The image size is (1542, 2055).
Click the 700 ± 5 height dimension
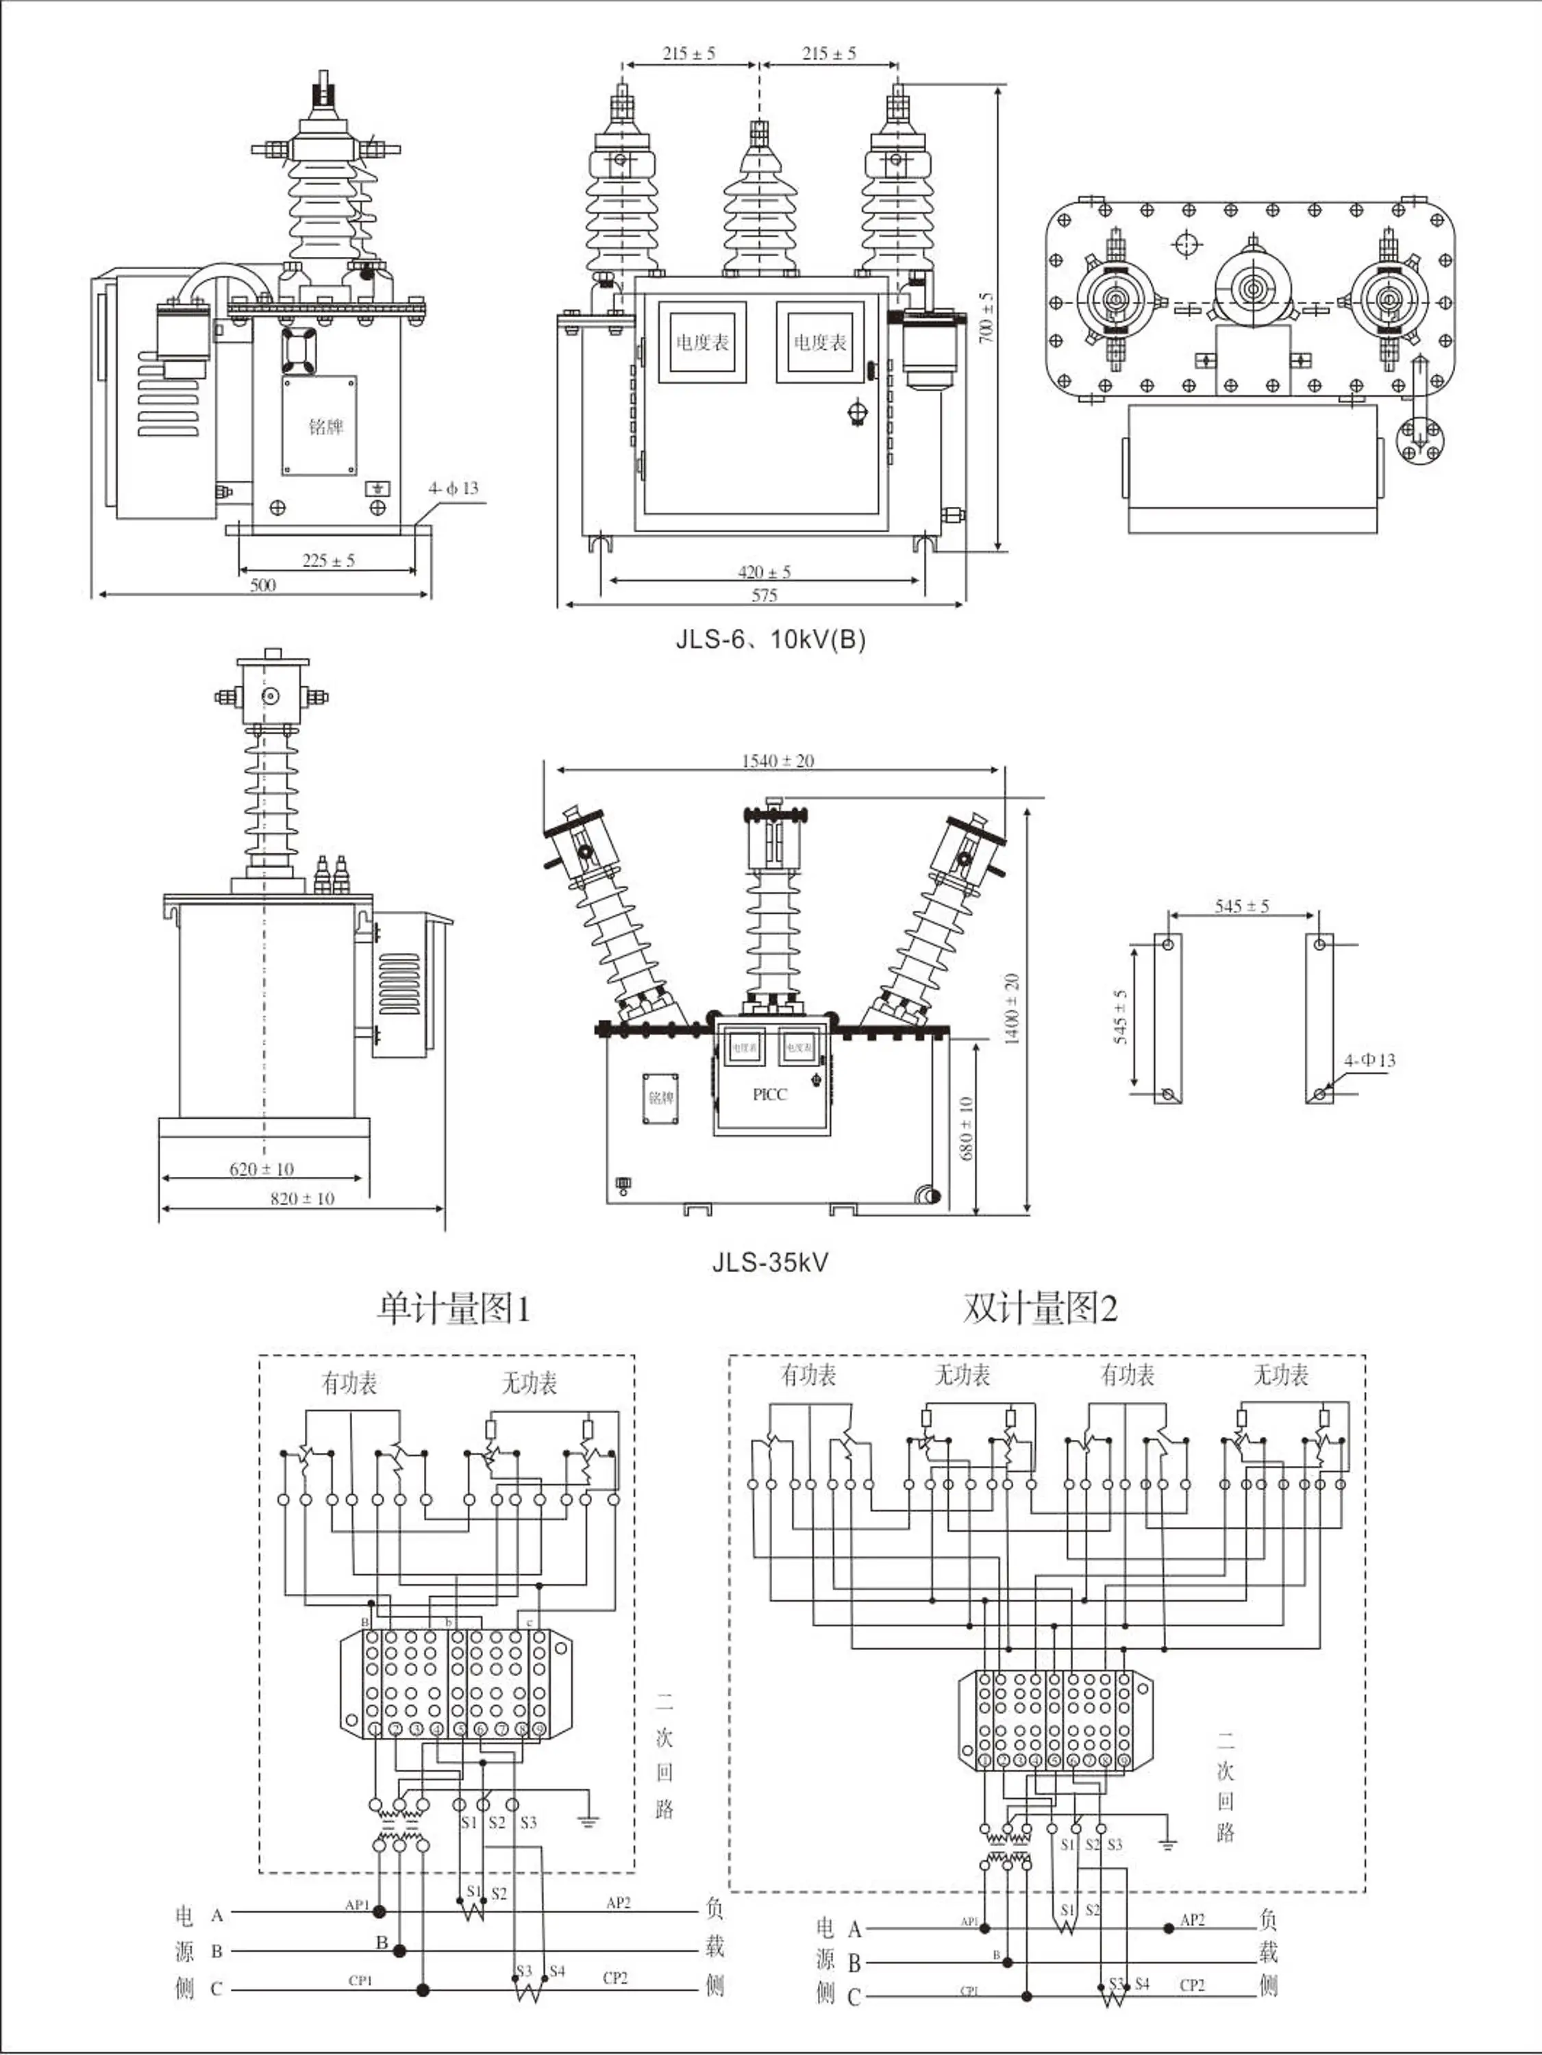tap(986, 318)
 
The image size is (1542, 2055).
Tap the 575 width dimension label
tap(764, 595)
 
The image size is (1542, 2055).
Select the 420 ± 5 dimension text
tap(764, 572)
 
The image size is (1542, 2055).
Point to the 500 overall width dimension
tap(263, 585)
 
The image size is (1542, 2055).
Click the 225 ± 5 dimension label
tap(328, 560)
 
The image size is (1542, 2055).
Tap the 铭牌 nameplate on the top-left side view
tap(326, 427)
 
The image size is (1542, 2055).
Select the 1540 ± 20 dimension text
tap(778, 761)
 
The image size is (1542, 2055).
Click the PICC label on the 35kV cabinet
tap(769, 1095)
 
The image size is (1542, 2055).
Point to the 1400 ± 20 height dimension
tap(1012, 1009)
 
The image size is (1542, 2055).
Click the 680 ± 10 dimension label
tap(966, 1129)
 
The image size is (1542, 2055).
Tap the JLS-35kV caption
tap(770, 1262)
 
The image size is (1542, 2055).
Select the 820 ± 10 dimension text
tap(302, 1199)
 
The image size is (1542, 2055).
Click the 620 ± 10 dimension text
tap(261, 1169)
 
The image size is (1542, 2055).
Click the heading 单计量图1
tap(453, 1309)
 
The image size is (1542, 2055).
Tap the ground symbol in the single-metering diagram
tap(588, 1821)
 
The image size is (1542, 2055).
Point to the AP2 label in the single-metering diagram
tap(618, 1903)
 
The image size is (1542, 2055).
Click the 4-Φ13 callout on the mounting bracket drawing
tap(1369, 1060)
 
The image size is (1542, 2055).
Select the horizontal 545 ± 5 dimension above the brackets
tap(1241, 906)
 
